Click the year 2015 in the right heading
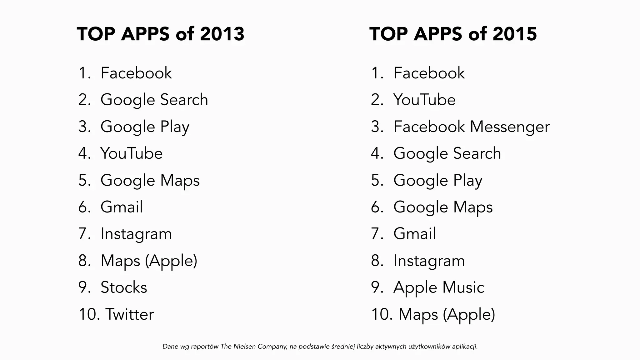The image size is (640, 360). (515, 34)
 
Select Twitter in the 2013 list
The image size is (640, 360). (129, 314)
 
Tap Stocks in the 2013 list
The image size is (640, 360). (124, 287)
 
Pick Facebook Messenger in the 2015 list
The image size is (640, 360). (471, 127)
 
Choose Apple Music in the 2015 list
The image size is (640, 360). (439, 287)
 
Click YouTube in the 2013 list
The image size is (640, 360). (131, 153)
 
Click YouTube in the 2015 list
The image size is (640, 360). (424, 100)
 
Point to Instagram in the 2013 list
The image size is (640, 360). (136, 234)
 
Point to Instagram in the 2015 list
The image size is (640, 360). (429, 261)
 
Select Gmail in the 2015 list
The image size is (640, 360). (414, 234)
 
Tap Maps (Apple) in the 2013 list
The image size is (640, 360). (149, 261)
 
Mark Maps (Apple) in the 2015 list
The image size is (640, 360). (447, 314)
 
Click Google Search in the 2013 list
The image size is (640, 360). (154, 100)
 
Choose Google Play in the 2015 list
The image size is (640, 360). (438, 180)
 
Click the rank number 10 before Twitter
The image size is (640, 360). (89, 314)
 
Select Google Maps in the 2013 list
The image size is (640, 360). (150, 180)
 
